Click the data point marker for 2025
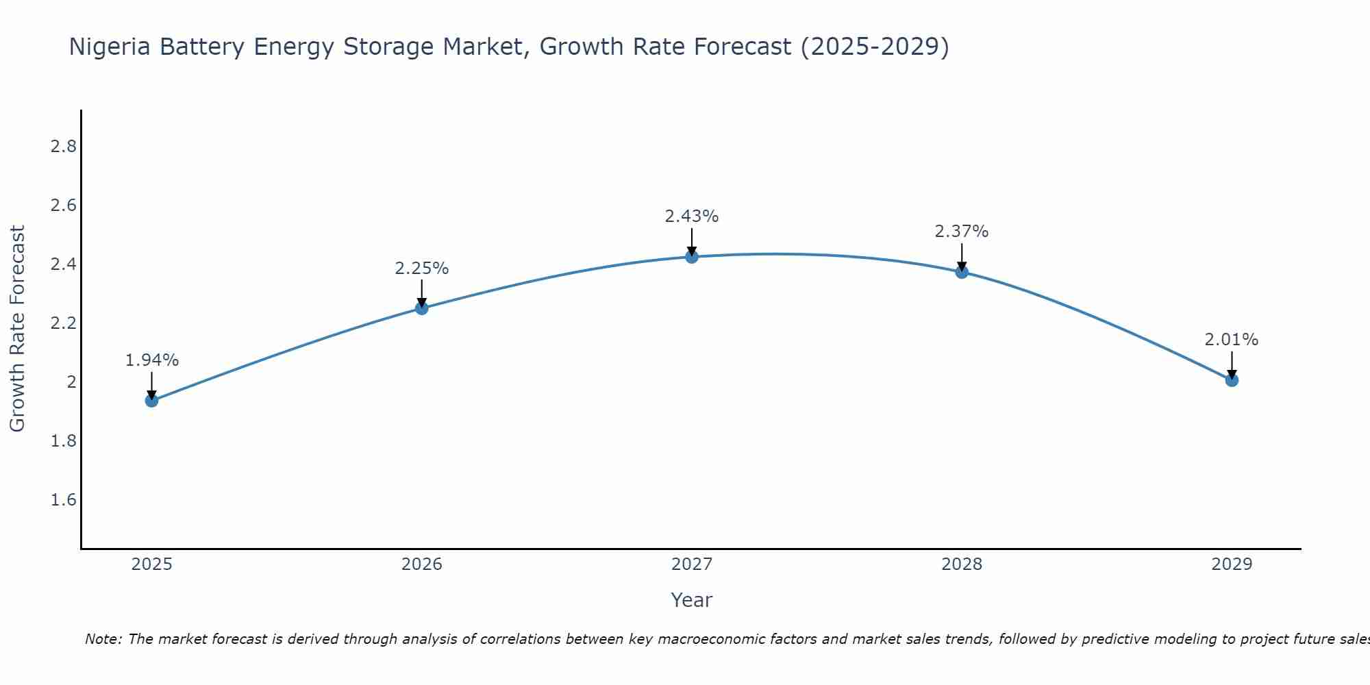click(152, 400)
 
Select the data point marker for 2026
click(422, 308)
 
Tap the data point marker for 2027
click(692, 257)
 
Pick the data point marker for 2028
click(962, 272)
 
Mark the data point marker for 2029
click(1232, 380)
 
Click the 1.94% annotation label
click(152, 360)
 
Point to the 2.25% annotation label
click(422, 269)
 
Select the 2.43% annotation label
click(692, 216)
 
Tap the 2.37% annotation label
click(962, 232)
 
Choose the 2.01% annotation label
click(1232, 340)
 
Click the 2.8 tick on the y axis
click(64, 147)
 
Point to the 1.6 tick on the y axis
click(64, 499)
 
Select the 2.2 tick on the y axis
click(64, 323)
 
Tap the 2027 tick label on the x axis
click(692, 564)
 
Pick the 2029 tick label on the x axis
click(1232, 564)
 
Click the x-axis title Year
click(692, 600)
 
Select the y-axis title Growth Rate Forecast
click(17, 329)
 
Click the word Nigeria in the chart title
click(110, 47)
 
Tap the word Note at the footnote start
click(103, 639)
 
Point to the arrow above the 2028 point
click(962, 257)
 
